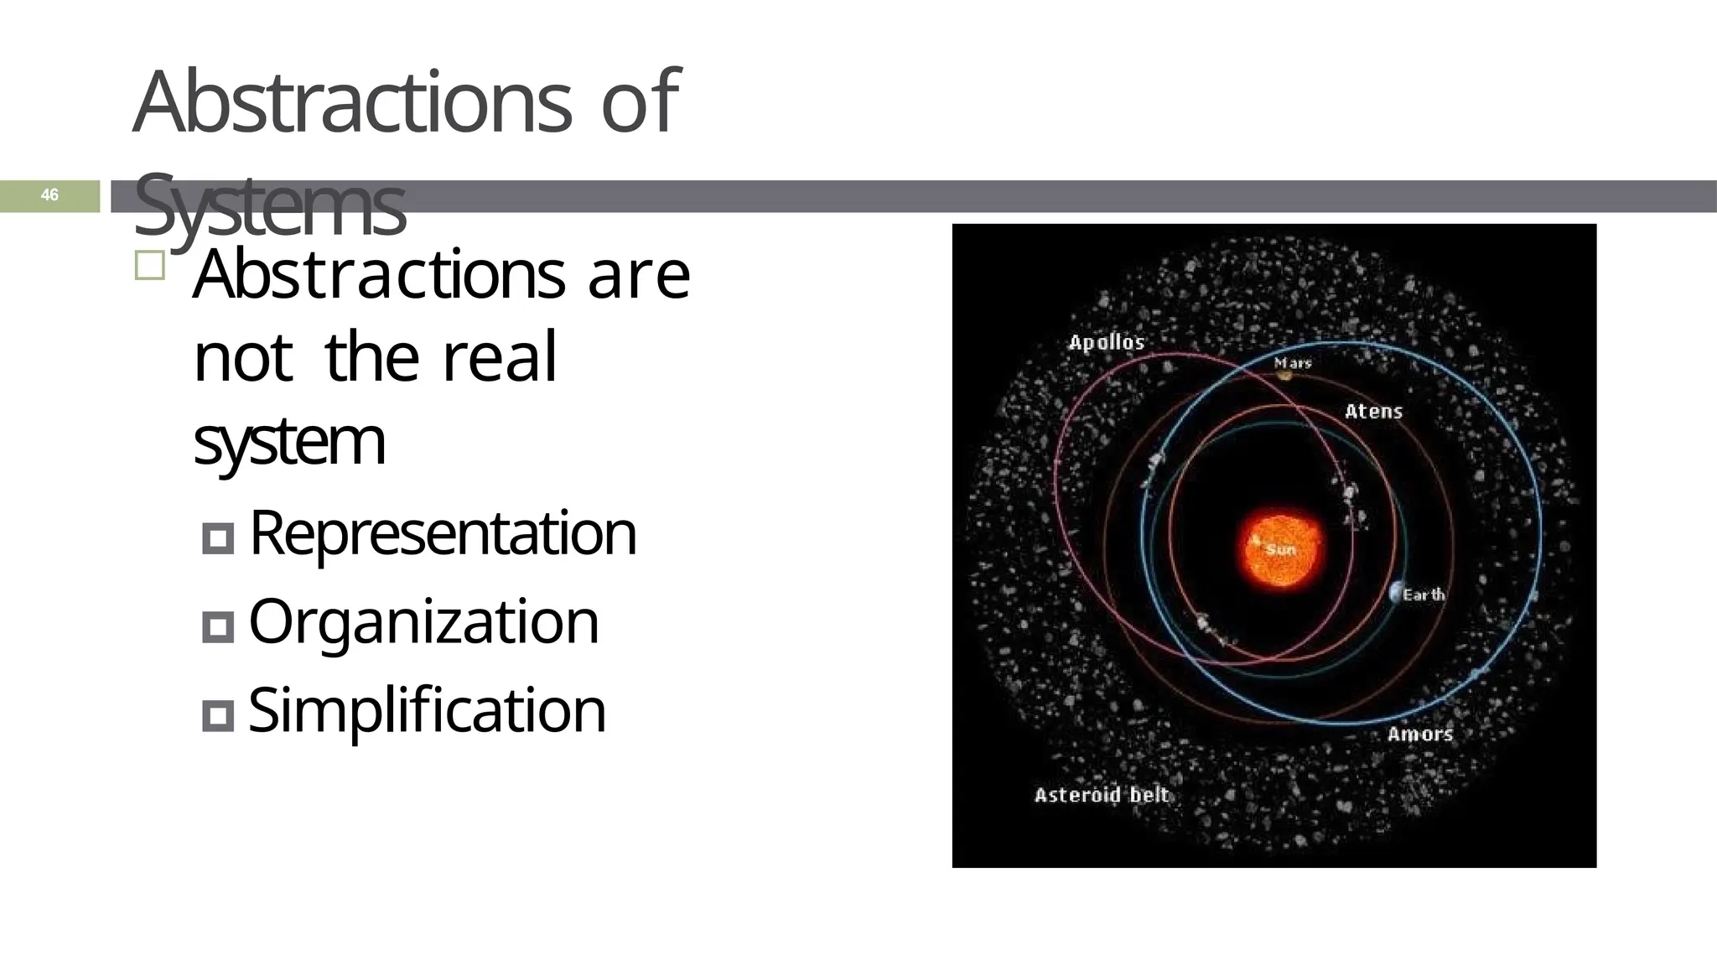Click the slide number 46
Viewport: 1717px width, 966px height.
pos(49,195)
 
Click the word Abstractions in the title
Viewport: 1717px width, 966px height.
pos(352,102)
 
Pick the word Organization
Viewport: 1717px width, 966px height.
pos(423,621)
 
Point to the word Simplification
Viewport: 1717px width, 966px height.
pos(427,710)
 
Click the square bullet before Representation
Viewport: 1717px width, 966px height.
pos(218,538)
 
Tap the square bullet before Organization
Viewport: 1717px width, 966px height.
pos(218,626)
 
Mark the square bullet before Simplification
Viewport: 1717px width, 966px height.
pos(218,715)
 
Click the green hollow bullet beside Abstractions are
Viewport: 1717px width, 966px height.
pos(149,266)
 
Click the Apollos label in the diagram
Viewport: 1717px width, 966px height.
pos(1106,342)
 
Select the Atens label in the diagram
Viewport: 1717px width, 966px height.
pos(1373,412)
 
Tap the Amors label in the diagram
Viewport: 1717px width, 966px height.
pos(1419,735)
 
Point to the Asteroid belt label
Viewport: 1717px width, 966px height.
pos(1101,795)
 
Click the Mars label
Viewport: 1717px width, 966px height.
pos(1293,363)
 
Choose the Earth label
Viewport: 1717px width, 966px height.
pos(1424,595)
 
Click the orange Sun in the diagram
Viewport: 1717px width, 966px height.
pos(1279,549)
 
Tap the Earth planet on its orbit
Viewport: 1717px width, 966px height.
pos(1394,592)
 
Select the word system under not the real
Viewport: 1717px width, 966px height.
pos(289,442)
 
